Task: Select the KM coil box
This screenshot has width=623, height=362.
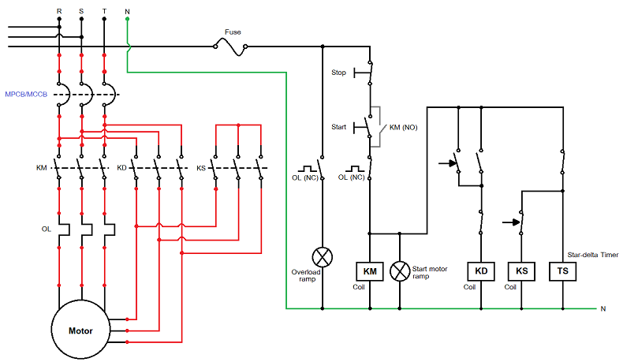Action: (370, 272)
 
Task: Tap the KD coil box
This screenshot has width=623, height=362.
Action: (480, 272)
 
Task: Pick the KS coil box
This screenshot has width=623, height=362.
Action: (521, 272)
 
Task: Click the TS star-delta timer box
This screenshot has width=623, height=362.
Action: (563, 272)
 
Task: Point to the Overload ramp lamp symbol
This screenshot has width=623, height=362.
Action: (322, 257)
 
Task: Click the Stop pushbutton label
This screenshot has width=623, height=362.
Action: (338, 73)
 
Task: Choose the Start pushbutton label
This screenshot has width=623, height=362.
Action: (338, 126)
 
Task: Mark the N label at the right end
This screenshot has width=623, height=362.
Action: (603, 308)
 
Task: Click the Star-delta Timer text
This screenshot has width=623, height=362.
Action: (593, 255)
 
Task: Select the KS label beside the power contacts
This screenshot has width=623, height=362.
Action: (201, 168)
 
